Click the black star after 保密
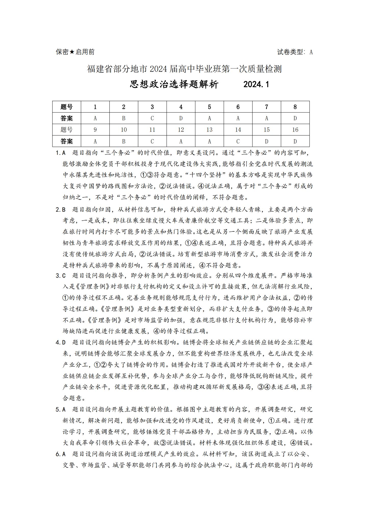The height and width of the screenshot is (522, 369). click(x=72, y=52)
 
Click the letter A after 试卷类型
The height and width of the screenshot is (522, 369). click(x=311, y=52)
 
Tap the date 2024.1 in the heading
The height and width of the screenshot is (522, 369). click(x=256, y=84)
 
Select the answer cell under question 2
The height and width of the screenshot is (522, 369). click(x=124, y=118)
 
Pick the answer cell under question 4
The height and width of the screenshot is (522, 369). click(x=181, y=118)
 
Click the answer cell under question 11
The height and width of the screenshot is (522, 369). click(x=152, y=141)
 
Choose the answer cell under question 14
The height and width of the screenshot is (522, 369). click(x=238, y=141)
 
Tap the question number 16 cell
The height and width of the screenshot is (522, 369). click(x=295, y=130)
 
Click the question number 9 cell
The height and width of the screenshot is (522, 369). click(x=95, y=130)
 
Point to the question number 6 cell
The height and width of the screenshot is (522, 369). click(x=238, y=107)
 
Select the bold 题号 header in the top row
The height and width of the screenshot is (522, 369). click(x=67, y=107)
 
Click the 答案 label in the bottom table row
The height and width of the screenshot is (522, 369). click(x=67, y=141)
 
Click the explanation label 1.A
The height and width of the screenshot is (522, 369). click(x=61, y=153)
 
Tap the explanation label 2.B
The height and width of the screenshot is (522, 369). click(x=61, y=210)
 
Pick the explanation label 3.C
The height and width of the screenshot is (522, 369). click(x=61, y=276)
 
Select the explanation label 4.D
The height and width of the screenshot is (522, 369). click(x=61, y=342)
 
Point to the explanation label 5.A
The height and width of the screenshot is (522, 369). click(x=61, y=409)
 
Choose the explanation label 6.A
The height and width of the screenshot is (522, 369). click(x=61, y=454)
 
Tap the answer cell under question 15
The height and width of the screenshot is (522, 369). click(x=267, y=141)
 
